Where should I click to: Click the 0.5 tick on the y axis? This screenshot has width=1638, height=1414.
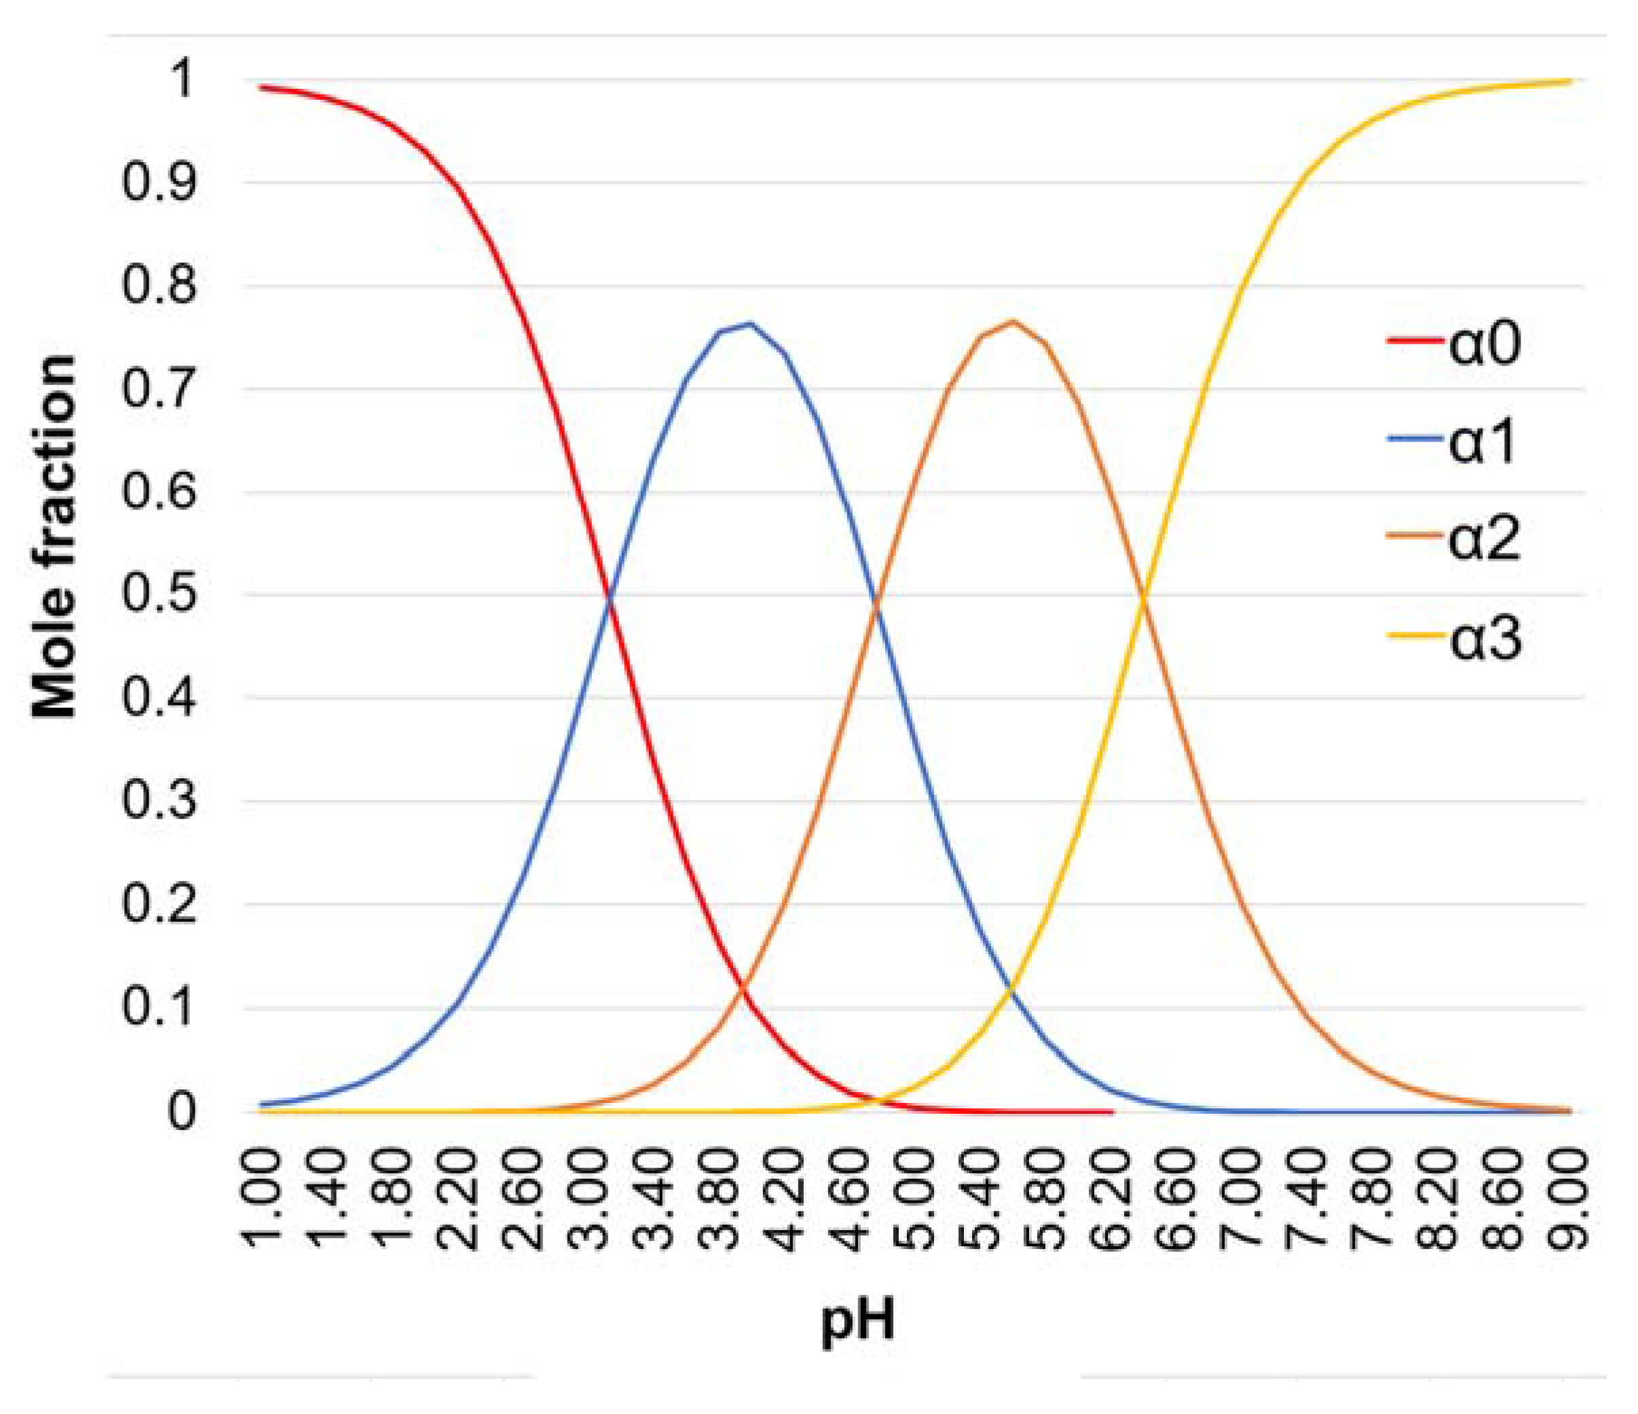click(x=158, y=595)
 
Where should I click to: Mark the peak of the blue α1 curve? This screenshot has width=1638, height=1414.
click(x=749, y=323)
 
